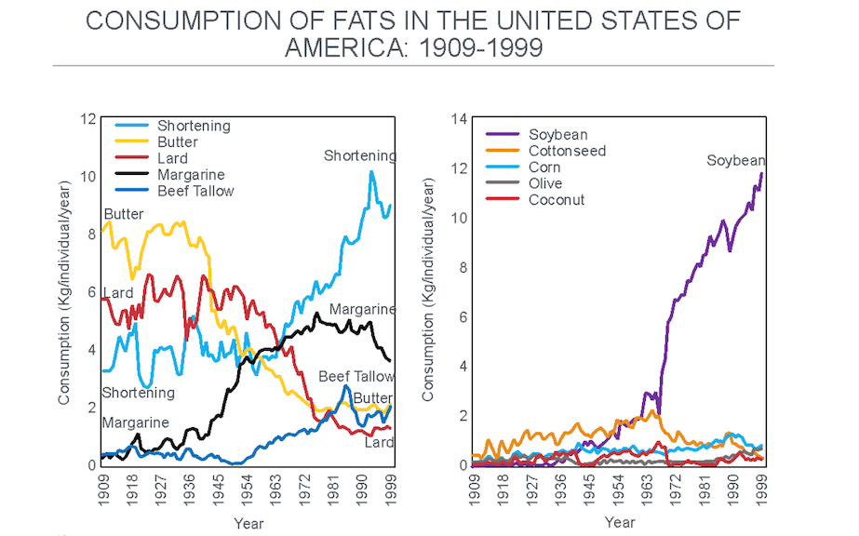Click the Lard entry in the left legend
(x=173, y=158)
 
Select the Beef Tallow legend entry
(x=195, y=191)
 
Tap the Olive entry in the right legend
(x=544, y=183)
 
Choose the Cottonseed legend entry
(x=567, y=151)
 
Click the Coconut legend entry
(x=556, y=199)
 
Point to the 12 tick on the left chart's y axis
(x=88, y=118)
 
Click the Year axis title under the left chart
(x=248, y=523)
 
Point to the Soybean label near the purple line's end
(x=735, y=160)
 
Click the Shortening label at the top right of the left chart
(x=359, y=155)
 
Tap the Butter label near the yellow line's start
(x=124, y=214)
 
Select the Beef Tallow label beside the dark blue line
(x=356, y=376)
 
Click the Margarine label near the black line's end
(x=362, y=309)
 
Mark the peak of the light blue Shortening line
(x=371, y=171)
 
